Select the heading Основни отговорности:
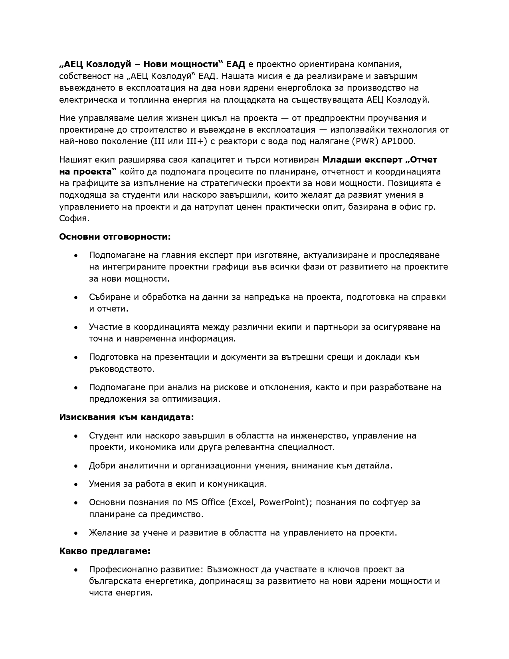coord(115,236)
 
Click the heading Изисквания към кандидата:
coord(127,417)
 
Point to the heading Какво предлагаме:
coord(105,551)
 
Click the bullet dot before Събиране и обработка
coord(76,298)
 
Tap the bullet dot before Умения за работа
coord(76,484)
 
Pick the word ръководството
coord(121,369)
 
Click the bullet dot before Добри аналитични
coord(76,466)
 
